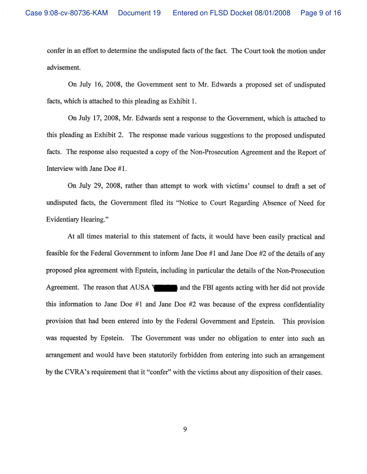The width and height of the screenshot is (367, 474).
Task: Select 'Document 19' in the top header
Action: coord(139,13)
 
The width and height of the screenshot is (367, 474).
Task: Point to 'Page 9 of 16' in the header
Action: coord(321,13)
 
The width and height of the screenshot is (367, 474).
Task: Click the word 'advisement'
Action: coord(63,67)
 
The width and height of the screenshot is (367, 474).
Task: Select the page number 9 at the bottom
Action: coord(184,429)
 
